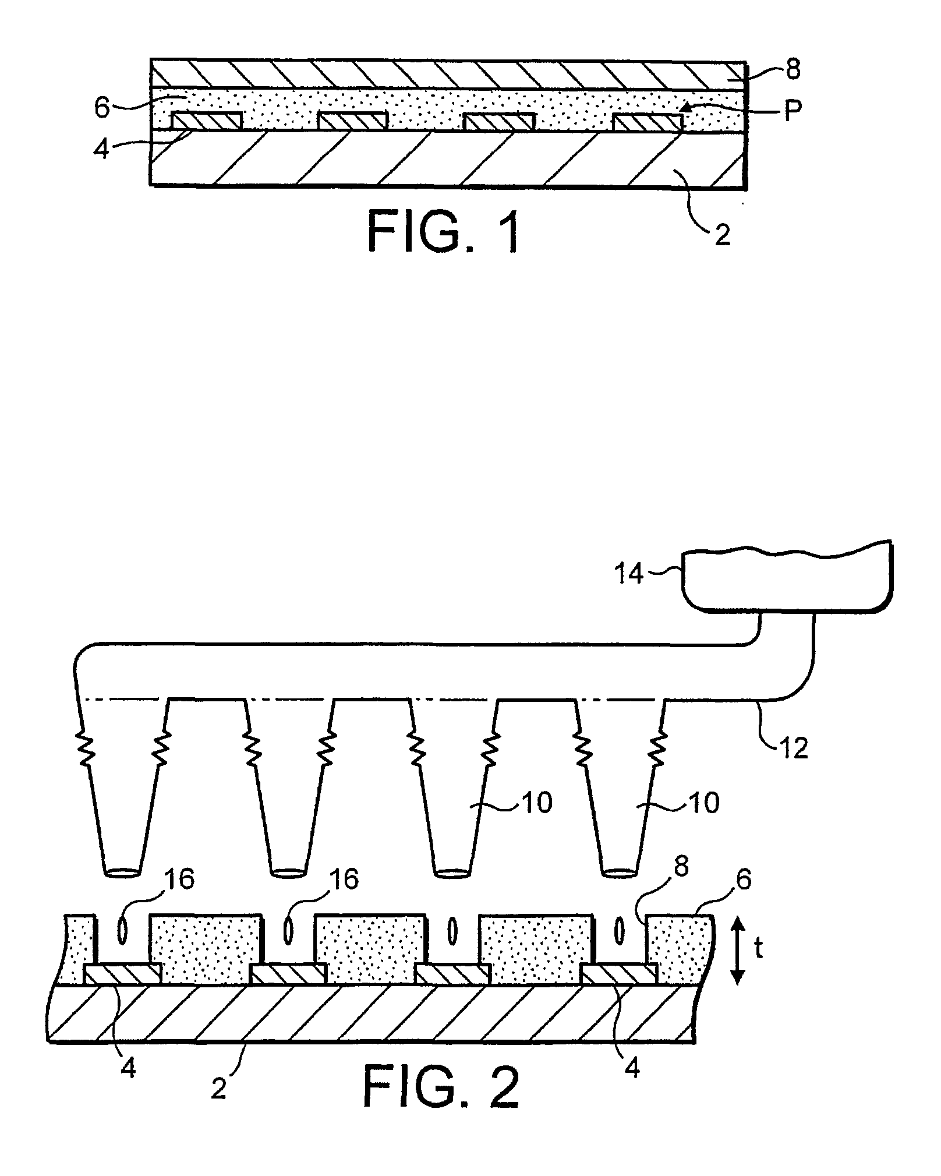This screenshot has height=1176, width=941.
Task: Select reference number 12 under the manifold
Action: [x=793, y=747]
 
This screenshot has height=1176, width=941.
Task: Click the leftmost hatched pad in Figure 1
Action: [x=207, y=121]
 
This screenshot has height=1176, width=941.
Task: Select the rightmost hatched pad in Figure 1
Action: [x=648, y=122]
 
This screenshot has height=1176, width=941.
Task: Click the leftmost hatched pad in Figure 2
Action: [x=123, y=974]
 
